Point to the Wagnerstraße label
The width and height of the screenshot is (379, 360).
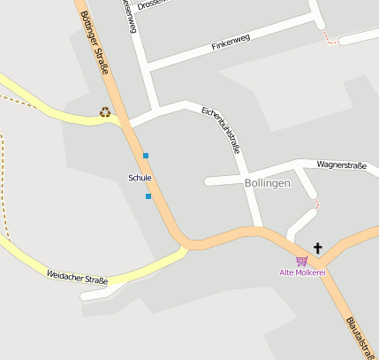click(341, 165)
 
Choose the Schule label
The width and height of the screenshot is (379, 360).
click(140, 178)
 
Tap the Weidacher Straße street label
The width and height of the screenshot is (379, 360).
click(77, 280)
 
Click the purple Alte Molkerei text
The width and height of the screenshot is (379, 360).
click(302, 272)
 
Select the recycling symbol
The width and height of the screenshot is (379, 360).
click(105, 112)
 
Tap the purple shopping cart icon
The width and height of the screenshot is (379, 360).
click(302, 261)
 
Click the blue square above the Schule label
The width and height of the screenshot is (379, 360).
click(146, 156)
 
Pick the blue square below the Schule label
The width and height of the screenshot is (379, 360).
click(148, 196)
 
